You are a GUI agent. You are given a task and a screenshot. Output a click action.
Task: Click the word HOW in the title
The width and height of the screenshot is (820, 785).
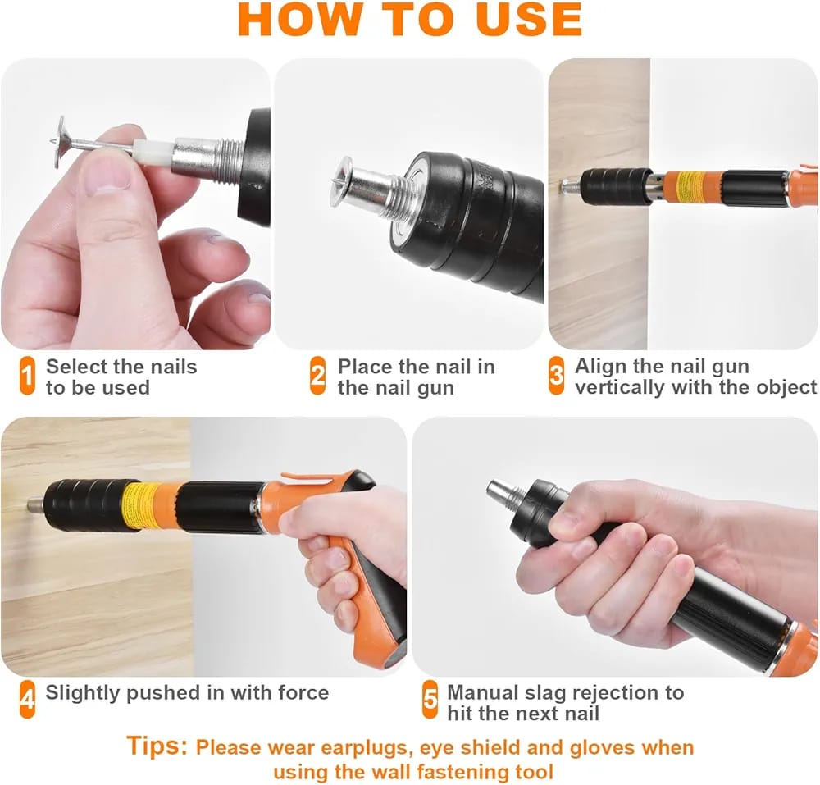299,20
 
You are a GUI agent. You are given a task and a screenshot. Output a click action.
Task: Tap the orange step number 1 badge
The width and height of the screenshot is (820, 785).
27,376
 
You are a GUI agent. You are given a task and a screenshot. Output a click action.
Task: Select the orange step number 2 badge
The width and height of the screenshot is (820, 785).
317,376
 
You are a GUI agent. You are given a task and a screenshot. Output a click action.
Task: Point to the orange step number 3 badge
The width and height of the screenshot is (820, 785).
557,375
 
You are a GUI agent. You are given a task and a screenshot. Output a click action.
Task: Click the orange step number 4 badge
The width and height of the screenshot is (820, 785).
27,699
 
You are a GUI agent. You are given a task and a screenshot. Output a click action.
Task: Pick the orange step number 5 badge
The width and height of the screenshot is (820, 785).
430,699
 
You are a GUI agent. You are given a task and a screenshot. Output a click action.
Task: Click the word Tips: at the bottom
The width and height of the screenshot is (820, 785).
157,746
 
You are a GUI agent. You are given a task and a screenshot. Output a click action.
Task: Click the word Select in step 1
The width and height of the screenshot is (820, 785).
73,367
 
